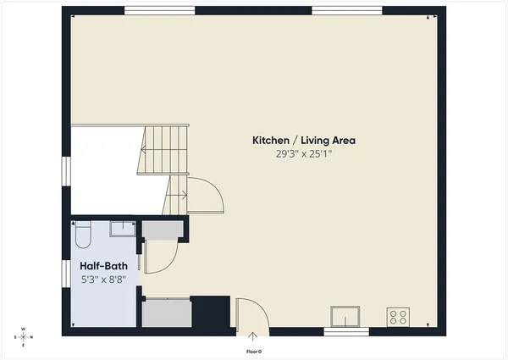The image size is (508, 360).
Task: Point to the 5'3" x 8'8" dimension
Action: point(103,278)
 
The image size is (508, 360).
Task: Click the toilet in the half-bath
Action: point(83,233)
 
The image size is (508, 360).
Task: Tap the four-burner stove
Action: point(398,318)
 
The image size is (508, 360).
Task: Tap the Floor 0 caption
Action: point(253,350)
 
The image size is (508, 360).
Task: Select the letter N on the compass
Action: point(33,336)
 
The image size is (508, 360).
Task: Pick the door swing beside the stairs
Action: point(205,196)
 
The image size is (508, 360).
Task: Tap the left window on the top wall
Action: point(160,11)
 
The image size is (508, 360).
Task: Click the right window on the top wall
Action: point(347,11)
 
